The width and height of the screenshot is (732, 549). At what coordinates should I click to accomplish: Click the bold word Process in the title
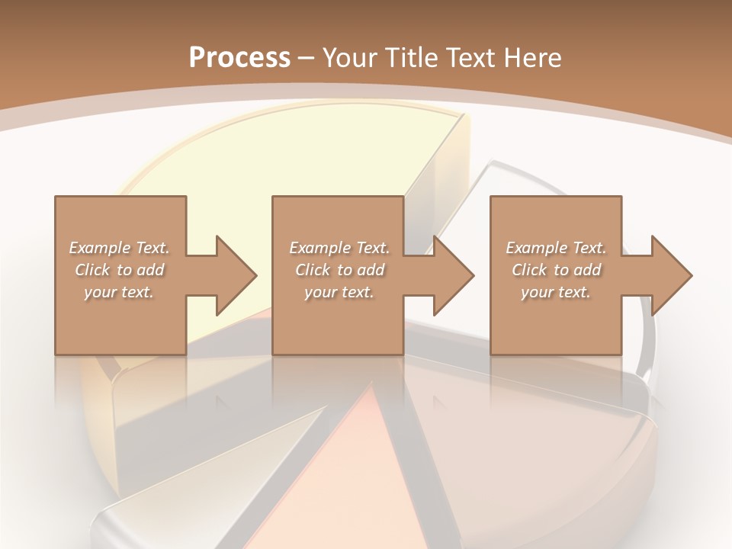point(239,58)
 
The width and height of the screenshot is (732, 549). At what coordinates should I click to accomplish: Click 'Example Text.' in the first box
point(119,248)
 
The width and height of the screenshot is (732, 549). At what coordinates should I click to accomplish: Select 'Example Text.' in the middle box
point(339,248)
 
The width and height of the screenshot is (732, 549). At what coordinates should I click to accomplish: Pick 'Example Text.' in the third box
point(556,248)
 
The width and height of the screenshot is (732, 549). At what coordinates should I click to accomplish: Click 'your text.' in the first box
point(119,292)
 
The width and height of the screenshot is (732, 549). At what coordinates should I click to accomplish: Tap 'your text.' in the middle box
point(339,292)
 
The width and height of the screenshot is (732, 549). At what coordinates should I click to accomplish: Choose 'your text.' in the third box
point(556,292)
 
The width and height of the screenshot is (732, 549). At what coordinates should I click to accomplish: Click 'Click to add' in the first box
point(119,270)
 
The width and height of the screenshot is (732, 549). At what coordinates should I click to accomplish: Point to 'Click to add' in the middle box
point(339,270)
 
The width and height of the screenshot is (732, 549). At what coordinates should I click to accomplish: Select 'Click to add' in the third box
point(556,270)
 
